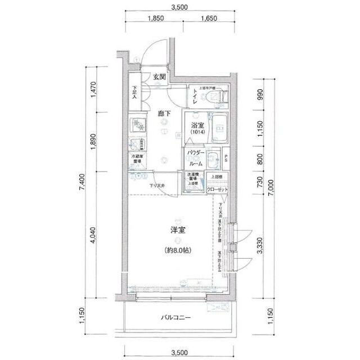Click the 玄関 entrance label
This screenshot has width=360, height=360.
[159, 77]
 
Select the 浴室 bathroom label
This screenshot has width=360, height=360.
[197, 127]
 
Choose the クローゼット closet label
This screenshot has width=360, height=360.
[217, 190]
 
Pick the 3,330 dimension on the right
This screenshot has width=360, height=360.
[259, 246]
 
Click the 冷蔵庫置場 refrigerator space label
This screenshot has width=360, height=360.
[137, 159]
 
